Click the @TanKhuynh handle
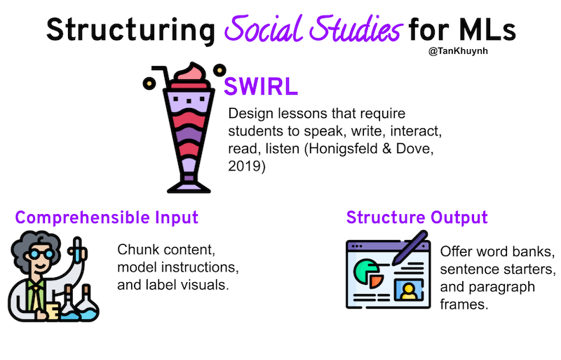pos(458,51)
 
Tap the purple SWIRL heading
pos(261,87)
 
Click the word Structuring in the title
pos(130,31)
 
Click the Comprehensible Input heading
pos(107,218)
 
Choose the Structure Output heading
pos(417,218)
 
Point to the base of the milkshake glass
pos(189,187)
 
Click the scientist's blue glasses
pos(41,254)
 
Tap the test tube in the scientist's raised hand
pos(77,250)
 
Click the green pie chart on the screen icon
pos(365,270)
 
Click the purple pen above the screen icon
pos(410,248)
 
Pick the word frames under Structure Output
pos(464,305)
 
